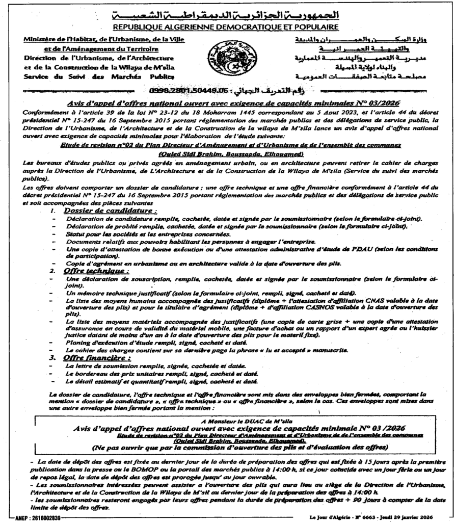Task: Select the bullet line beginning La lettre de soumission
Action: pos(156,367)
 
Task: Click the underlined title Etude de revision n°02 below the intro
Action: pos(230,145)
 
